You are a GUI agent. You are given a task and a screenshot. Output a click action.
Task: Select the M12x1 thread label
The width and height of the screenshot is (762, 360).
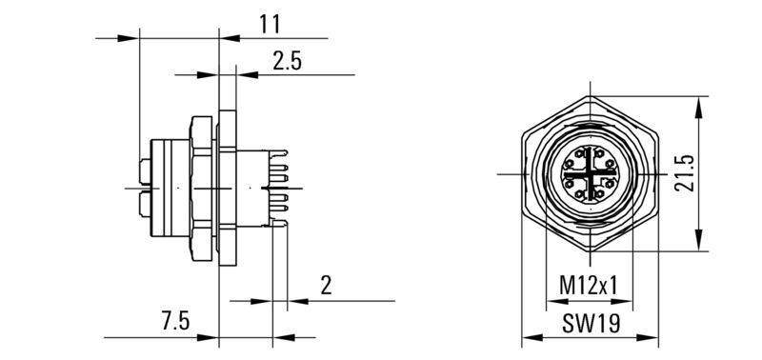(x=588, y=284)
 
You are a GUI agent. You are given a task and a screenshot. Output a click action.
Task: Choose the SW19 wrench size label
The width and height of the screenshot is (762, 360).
(x=590, y=323)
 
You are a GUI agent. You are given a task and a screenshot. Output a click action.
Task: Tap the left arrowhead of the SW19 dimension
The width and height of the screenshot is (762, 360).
(x=530, y=336)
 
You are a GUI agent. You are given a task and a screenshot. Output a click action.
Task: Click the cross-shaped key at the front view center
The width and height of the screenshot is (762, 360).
(x=591, y=175)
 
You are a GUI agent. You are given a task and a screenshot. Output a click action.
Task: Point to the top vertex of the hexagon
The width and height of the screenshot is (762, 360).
(x=591, y=96)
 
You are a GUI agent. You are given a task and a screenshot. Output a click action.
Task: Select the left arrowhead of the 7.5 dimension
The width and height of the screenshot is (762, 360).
(x=212, y=336)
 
